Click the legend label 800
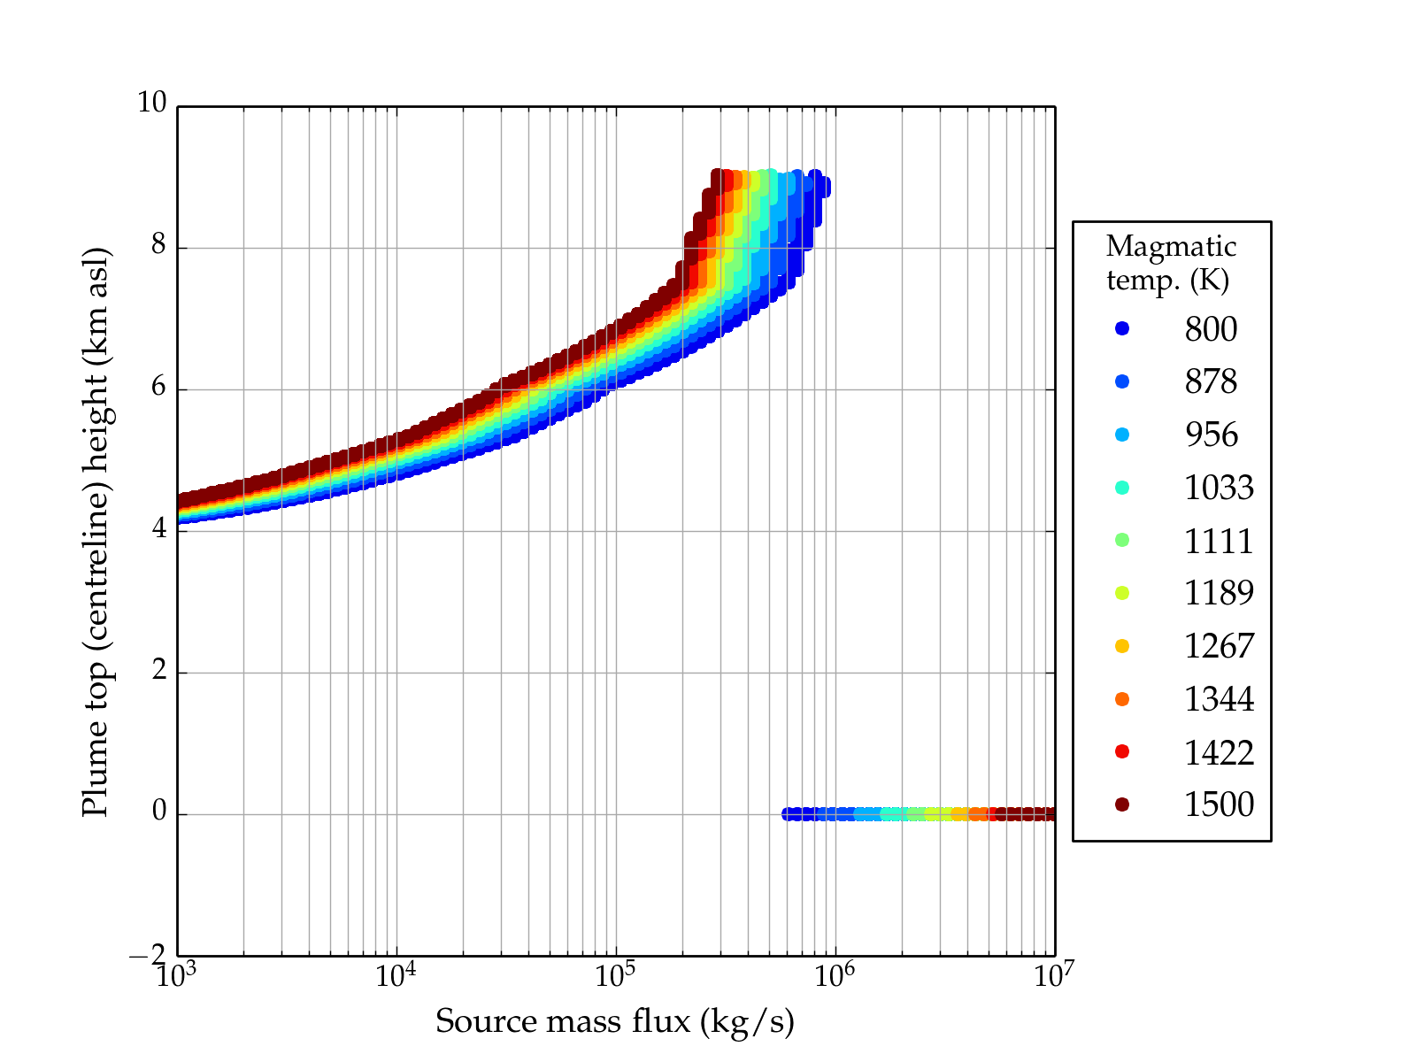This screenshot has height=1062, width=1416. point(1211,329)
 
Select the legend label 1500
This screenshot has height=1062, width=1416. point(1219,804)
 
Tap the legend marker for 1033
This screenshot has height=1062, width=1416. point(1122,488)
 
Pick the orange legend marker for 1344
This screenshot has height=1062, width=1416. point(1122,699)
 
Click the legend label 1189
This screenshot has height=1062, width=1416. point(1219,593)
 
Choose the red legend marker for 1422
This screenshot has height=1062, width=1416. point(1122,751)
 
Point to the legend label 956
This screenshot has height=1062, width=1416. point(1211,435)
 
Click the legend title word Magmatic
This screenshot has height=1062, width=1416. point(1171,246)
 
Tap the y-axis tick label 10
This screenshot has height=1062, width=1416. point(151,104)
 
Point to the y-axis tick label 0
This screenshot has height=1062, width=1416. point(159,812)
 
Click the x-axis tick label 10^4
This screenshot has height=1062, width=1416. point(396,975)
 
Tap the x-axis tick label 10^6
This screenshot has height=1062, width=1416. point(835,975)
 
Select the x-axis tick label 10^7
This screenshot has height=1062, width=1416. point(1053,975)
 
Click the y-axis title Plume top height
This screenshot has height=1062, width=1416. point(95,531)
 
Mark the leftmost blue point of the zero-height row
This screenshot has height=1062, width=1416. point(787,814)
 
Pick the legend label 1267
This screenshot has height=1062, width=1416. point(1219,646)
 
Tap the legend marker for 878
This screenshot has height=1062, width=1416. point(1122,381)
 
